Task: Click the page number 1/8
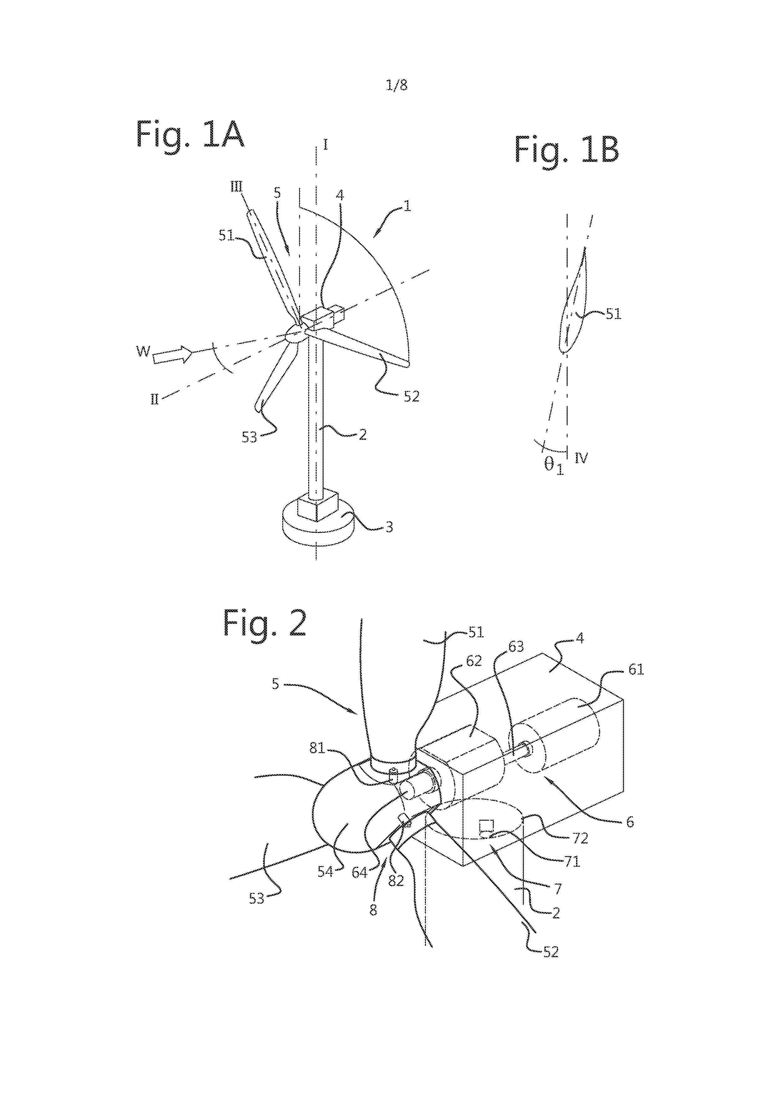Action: click(396, 85)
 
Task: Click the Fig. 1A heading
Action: click(190, 134)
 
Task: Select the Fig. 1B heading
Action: click(567, 150)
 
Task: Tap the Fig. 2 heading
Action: click(264, 623)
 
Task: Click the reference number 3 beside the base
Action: click(389, 527)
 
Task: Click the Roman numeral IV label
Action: click(581, 459)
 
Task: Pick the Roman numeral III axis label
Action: click(237, 187)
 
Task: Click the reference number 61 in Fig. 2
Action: click(636, 670)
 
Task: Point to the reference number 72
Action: click(580, 838)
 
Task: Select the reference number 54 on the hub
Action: click(325, 871)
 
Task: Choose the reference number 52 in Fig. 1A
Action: click(411, 397)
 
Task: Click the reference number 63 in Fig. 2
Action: click(516, 647)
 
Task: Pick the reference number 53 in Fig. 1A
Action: click(249, 437)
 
